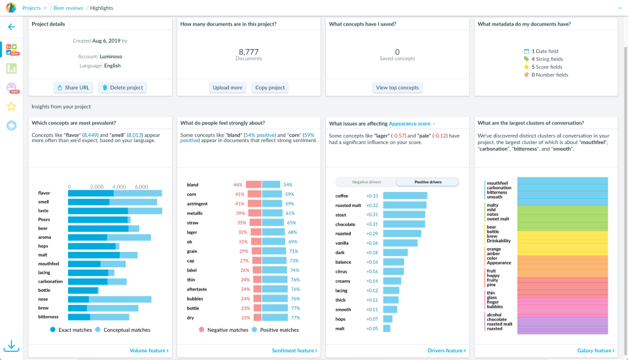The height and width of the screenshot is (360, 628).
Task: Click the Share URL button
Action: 73,88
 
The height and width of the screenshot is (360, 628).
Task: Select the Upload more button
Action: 228,88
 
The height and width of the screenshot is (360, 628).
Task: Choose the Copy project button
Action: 270,88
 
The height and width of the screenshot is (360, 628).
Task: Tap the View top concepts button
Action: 397,88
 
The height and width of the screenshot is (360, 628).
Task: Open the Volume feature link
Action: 149,351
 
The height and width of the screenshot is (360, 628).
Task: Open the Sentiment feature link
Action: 294,351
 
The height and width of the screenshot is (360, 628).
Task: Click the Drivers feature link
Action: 447,351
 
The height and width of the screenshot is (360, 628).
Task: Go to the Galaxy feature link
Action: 596,351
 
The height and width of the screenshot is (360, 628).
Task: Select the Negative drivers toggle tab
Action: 366,182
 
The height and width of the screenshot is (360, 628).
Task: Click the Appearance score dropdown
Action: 412,123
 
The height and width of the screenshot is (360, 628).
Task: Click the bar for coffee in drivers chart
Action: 405,196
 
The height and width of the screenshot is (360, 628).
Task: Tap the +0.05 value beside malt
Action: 372,329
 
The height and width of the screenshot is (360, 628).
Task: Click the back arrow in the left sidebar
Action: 11,27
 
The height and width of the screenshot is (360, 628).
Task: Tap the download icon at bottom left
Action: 11,346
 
